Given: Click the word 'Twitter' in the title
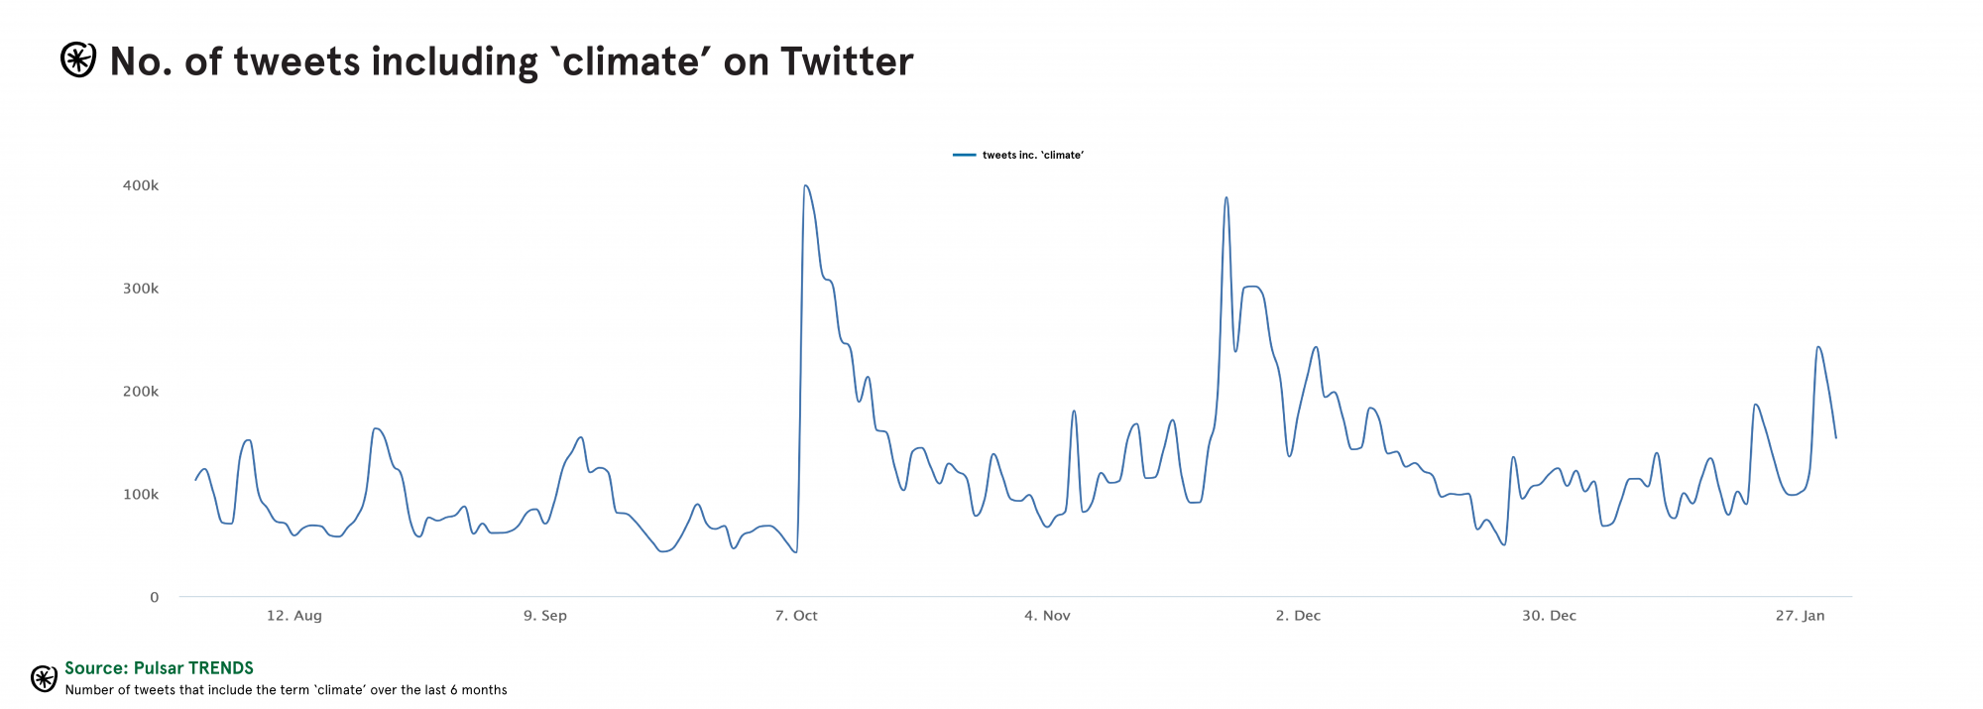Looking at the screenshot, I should pos(847,61).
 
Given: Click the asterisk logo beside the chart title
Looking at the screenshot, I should pos(78,60).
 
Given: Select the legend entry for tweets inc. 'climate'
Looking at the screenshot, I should pos(1019,156).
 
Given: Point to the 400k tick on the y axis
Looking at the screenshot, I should pos(141,185).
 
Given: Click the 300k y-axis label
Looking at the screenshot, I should pos(141,289).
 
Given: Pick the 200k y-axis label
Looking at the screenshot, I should pos(141,392).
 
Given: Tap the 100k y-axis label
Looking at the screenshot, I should pos(141,495).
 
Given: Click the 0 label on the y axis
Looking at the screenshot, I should pos(154,597).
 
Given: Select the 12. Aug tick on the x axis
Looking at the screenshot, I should pos(294,616).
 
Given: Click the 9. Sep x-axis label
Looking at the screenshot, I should pos(545,616).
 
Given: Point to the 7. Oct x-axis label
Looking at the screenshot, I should pos(796,616).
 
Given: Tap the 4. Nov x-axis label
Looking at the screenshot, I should pos(1047,616).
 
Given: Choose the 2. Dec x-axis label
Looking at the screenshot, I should pos(1298,616).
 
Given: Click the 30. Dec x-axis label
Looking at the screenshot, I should pos(1549,616).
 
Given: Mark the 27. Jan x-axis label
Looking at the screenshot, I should pos(1800,616).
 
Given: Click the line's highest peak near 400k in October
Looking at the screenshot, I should pos(805,185).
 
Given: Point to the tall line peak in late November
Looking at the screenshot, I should pos(1226,197).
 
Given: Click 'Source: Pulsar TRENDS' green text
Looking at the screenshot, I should pos(159,668).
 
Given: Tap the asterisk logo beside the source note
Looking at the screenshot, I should pos(44,678).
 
